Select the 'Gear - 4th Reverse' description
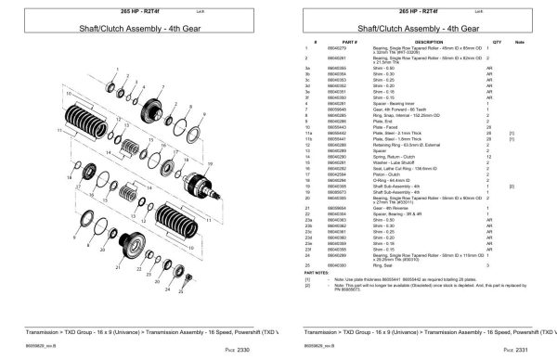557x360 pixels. point(391,208)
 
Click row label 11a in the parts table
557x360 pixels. point(306,134)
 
